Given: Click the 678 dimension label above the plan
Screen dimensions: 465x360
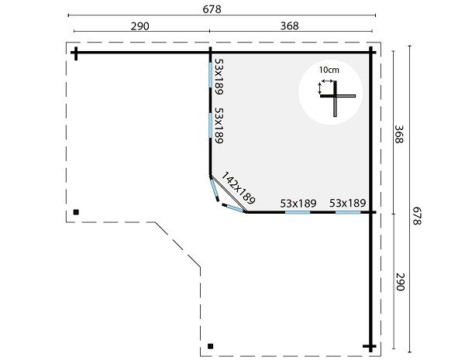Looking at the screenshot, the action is click(212, 9).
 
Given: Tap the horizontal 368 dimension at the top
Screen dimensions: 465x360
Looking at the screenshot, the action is click(289, 26).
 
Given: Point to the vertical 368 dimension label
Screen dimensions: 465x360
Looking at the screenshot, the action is click(399, 134).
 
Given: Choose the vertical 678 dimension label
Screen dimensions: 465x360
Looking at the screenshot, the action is click(417, 216).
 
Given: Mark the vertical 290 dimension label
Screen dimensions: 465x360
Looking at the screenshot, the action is click(400, 282).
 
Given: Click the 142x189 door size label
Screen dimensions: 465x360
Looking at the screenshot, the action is click(238, 188).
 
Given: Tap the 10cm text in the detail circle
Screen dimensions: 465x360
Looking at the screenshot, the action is click(329, 70).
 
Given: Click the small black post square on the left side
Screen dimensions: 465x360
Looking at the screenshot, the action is click(76, 212).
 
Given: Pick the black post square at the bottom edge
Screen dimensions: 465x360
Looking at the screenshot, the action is click(210, 346).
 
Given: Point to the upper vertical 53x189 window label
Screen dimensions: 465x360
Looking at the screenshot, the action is click(219, 77).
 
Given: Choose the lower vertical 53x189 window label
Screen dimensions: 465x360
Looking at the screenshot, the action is click(219, 125).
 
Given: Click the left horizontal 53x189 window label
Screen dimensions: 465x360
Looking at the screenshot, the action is click(298, 204).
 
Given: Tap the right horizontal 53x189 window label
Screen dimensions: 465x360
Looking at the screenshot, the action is click(347, 204).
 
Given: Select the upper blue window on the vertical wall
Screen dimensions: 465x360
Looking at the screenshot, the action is click(210, 75).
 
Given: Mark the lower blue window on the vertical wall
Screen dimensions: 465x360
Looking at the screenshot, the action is click(210, 125).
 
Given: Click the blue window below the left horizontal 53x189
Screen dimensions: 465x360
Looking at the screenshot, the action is click(298, 212).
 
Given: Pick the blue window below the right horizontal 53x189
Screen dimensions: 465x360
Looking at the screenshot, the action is click(348, 212).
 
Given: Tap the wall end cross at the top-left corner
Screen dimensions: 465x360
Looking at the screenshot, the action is click(76, 53).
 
